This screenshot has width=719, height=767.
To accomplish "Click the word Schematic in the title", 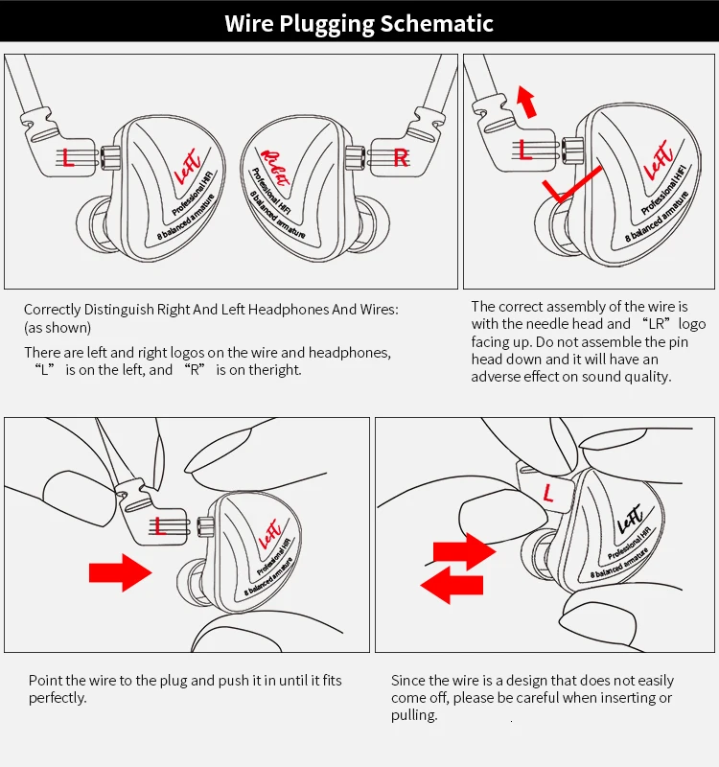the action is [x=437, y=23].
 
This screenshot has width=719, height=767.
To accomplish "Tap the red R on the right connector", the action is [x=401, y=158].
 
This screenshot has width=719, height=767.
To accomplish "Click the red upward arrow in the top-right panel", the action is [x=526, y=102].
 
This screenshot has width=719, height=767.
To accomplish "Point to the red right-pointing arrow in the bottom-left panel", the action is [x=121, y=572].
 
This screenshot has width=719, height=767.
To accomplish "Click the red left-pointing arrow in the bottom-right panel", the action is [x=452, y=585].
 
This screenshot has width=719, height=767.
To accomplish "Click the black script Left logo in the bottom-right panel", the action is [x=630, y=519].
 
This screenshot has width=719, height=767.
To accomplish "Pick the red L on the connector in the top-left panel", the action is [x=68, y=157].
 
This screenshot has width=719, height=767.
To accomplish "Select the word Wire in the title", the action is [x=249, y=23].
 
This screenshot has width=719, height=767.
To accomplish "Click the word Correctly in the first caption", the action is [x=53, y=310].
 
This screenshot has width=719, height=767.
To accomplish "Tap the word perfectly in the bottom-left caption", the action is [x=58, y=698].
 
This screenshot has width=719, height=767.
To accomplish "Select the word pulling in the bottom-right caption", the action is [x=414, y=715].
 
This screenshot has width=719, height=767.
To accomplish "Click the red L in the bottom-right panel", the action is [x=547, y=493].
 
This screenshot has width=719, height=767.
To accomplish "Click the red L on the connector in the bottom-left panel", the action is [x=159, y=526].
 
